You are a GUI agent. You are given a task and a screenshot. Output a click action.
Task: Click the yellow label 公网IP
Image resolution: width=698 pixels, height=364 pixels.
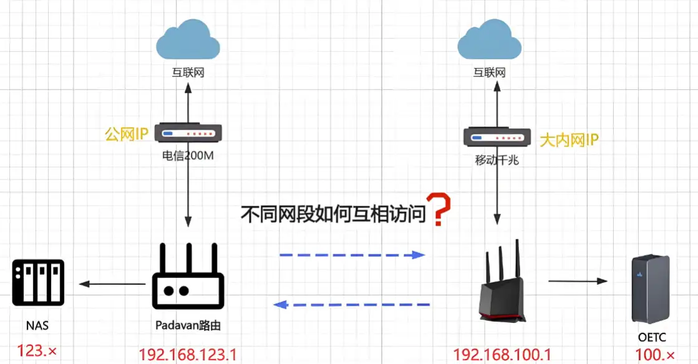[127, 134]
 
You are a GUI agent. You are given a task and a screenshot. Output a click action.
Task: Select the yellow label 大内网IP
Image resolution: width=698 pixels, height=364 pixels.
[568, 140]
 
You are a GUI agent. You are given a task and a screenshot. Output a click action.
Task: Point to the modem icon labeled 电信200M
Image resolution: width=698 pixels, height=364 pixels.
[188, 133]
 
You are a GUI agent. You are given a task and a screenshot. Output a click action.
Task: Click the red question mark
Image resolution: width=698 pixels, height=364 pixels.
[442, 209]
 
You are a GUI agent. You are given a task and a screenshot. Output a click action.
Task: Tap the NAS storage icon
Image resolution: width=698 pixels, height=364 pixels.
[38, 283]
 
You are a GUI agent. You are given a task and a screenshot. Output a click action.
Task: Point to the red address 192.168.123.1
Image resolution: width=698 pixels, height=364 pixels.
[188, 355]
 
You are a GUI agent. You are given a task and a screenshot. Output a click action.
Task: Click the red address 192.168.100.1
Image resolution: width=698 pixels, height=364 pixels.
[502, 355]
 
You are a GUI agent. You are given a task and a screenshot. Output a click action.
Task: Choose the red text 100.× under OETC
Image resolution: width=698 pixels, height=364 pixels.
[655, 355]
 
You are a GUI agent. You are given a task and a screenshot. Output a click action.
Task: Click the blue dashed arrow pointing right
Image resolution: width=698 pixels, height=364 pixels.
[352, 255]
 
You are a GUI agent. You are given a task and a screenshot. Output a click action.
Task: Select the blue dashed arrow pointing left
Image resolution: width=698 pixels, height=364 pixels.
[352, 304]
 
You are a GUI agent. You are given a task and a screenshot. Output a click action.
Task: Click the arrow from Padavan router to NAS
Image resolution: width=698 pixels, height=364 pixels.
[112, 284]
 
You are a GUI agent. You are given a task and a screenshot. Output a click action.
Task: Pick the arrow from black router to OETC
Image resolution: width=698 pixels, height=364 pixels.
[578, 281]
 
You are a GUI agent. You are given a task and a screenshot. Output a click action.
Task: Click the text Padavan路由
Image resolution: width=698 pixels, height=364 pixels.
[188, 325]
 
